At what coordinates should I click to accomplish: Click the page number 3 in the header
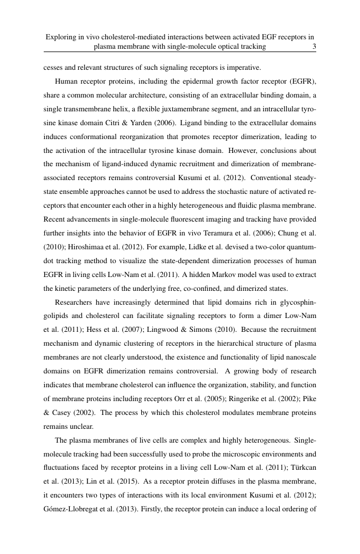coord(314,47)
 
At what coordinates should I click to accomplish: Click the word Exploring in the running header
coord(62,37)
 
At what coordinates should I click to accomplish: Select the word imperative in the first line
coord(243,68)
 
